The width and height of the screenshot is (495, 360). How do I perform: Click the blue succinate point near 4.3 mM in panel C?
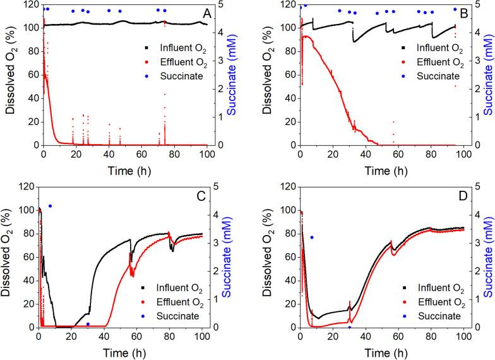pos(50,206)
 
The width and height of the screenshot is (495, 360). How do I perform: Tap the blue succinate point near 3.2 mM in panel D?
pos(311,237)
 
